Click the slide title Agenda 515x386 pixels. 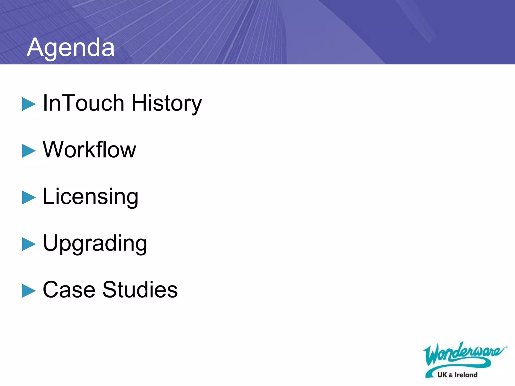[x=71, y=47]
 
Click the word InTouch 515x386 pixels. [x=84, y=103]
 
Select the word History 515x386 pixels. [x=167, y=103]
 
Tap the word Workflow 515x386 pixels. [x=89, y=150]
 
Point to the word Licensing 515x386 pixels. [x=91, y=197]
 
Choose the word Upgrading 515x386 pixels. [x=95, y=243]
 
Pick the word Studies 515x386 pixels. [x=140, y=290]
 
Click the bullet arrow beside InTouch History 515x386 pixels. [x=29, y=104]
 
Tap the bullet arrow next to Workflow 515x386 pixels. [x=29, y=151]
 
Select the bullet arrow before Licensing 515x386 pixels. [x=29, y=198]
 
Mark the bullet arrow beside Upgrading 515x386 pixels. [x=29, y=244]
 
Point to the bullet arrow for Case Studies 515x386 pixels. [x=29, y=291]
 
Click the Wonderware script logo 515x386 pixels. [x=463, y=354]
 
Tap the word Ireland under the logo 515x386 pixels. [x=466, y=375]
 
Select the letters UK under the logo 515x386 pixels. [x=442, y=375]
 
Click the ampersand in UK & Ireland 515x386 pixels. [x=451, y=375]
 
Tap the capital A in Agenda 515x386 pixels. [x=35, y=47]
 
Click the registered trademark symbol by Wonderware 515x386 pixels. [x=506, y=347]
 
